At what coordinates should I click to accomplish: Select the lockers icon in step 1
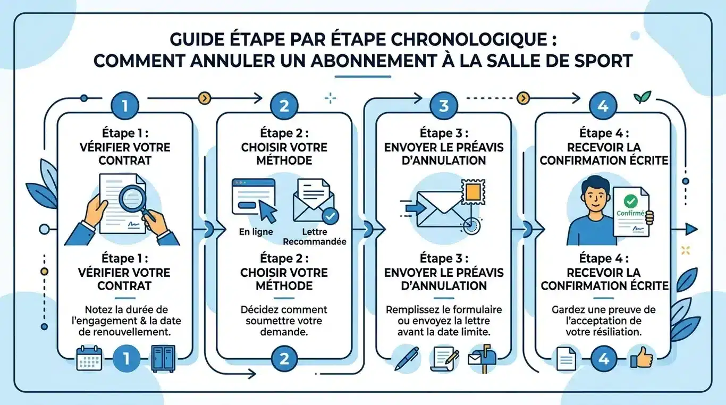coord(163,358)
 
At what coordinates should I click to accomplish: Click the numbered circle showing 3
coord(444,105)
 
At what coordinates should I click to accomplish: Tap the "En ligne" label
coord(256,232)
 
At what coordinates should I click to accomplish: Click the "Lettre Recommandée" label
coord(315,237)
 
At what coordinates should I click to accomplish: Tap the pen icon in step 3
coord(407,358)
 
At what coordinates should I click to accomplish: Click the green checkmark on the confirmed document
coord(630,201)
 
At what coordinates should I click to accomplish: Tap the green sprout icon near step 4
coord(642,97)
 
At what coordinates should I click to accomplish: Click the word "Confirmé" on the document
coord(630,213)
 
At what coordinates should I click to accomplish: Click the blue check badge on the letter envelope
coord(331,216)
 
